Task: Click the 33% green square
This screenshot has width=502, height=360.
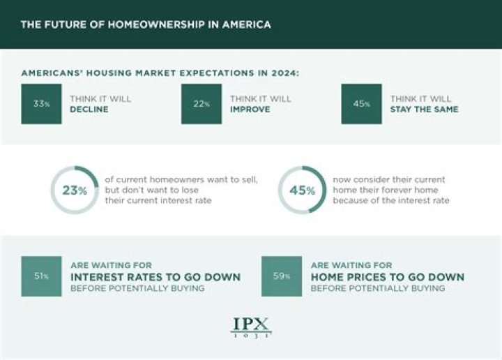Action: point(41,104)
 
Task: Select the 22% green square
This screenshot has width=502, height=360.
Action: point(201,104)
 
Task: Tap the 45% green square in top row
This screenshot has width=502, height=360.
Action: point(361,104)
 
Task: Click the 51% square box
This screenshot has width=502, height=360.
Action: point(41,276)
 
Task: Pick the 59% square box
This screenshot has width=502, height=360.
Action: point(282,276)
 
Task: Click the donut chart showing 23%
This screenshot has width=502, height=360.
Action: point(75,190)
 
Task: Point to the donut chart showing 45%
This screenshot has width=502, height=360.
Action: point(302,190)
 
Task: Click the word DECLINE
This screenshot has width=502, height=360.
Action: point(89,110)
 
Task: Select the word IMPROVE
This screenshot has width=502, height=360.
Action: point(250,110)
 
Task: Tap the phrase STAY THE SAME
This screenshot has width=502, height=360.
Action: point(424,110)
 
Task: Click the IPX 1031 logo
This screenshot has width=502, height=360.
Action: point(251,327)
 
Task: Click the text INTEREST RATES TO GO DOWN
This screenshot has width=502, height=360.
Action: point(155,277)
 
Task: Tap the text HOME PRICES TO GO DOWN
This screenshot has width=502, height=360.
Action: point(388,277)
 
